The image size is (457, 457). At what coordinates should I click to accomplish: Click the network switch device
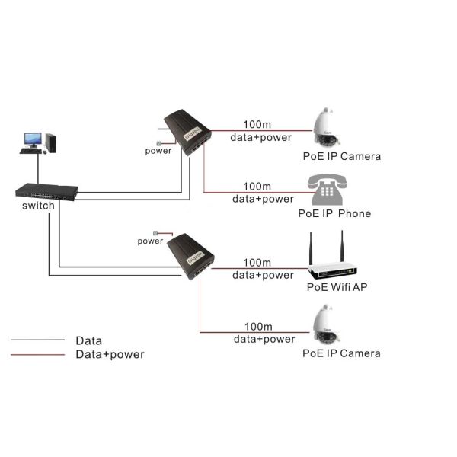point(46,191)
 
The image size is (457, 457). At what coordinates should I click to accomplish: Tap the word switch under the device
point(38,206)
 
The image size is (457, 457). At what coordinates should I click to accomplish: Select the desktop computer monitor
point(33,140)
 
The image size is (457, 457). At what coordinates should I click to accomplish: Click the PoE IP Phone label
point(334,213)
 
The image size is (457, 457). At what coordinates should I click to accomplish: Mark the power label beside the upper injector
point(158,151)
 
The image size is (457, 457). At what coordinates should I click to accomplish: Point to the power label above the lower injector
point(150,241)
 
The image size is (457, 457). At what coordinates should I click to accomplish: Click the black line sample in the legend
point(37,340)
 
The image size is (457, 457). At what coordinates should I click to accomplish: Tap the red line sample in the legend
point(37,354)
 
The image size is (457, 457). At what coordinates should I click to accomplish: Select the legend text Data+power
point(110,354)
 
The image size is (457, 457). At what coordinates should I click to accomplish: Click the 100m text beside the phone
point(257,187)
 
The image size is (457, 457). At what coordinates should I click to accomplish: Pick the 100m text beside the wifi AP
point(257,263)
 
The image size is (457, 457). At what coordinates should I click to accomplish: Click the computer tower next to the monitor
point(51,142)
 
